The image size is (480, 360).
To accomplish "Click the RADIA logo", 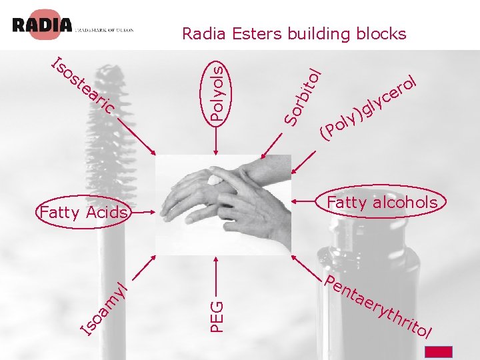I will click(x=42, y=25).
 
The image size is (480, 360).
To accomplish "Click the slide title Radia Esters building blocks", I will click(x=294, y=33).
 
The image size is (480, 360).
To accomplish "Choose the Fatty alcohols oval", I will click(x=382, y=203).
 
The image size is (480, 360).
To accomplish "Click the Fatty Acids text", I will click(x=83, y=213).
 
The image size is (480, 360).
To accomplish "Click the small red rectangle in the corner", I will click(x=439, y=352).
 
